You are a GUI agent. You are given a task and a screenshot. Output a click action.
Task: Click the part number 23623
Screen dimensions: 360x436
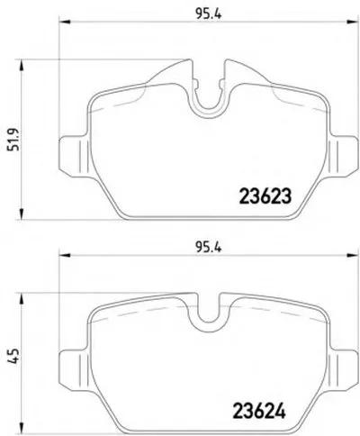265,196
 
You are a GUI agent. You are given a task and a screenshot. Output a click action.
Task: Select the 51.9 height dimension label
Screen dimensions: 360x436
14,140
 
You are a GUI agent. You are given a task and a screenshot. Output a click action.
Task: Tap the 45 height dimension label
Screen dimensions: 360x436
14,357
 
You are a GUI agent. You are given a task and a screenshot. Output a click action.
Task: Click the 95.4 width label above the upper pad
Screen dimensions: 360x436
209,14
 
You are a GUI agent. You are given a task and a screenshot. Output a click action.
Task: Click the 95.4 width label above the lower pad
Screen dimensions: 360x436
208,248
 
